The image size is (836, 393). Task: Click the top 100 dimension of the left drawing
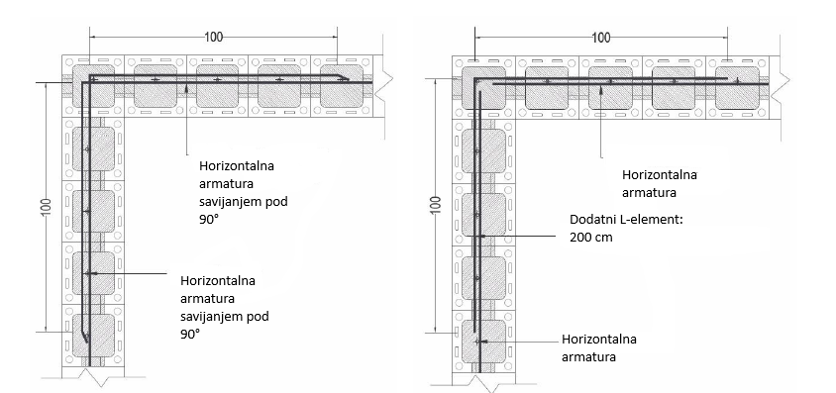click(214, 36)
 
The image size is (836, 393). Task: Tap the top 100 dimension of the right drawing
click(601, 37)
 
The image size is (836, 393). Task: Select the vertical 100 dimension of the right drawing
click(435, 208)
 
